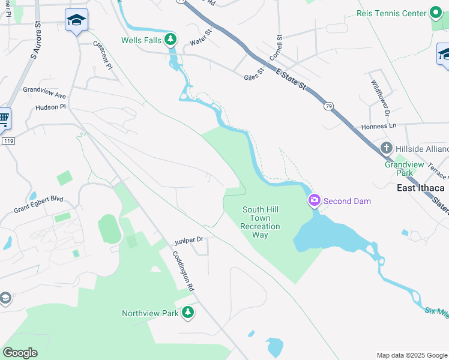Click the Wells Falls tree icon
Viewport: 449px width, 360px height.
pos(171,40)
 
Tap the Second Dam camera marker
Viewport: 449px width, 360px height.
pos(313,200)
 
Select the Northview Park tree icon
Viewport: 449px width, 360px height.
pos(188,313)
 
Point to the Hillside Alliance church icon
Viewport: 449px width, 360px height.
pos(387,148)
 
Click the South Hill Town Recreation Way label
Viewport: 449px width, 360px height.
pos(260,222)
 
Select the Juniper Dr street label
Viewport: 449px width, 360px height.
pos(189,240)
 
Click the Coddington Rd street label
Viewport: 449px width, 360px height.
pos(184,271)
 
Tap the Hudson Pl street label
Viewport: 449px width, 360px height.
pos(50,107)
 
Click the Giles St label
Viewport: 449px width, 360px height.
pos(255,77)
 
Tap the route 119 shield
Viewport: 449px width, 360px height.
pos(8,140)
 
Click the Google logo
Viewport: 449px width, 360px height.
pos(20,353)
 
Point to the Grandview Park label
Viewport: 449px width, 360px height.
pos(404,168)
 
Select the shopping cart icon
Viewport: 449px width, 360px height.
pos(4,119)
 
